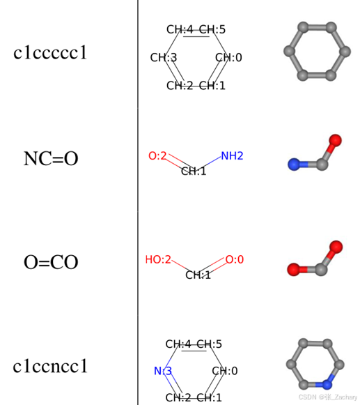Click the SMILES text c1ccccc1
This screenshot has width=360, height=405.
point(50,52)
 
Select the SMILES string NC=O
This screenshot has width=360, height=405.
point(51,158)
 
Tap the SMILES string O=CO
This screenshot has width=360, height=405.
point(51,262)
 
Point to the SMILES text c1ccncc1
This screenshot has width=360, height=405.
point(51,366)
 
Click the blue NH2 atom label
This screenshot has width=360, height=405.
point(232,156)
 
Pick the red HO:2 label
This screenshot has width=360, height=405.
point(157,260)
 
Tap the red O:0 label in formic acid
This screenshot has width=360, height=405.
point(234,260)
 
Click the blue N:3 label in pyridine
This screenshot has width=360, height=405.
point(162,371)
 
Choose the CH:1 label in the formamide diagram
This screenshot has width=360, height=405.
point(194,171)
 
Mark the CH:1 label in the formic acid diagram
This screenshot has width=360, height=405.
point(198,275)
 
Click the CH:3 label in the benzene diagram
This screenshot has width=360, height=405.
point(164,57)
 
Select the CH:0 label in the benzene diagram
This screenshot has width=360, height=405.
point(228,57)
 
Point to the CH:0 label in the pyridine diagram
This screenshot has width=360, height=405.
point(224,371)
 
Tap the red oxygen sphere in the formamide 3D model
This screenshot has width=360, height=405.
point(335,141)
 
